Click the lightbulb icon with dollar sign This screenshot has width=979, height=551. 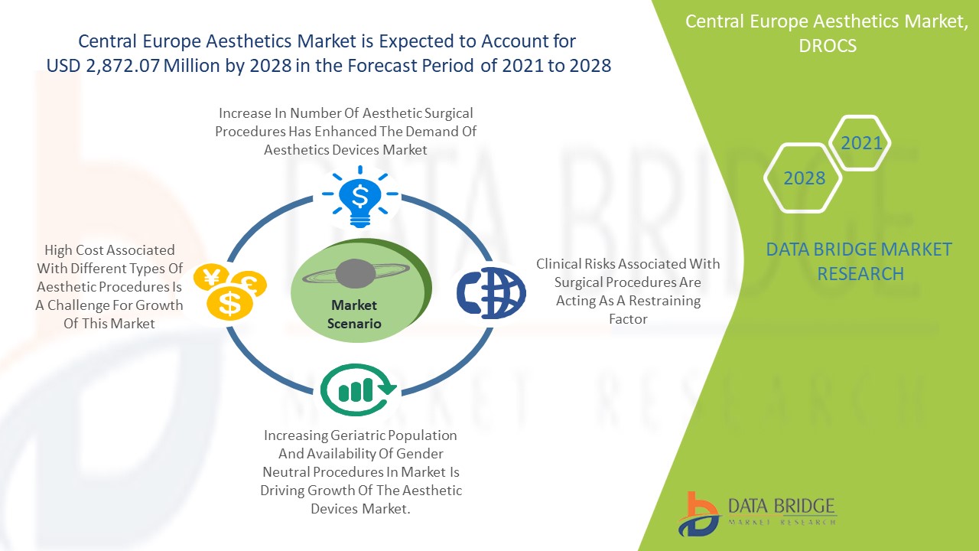[359, 197]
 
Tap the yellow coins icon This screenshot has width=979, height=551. [230, 292]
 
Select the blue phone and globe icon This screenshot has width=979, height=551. [491, 292]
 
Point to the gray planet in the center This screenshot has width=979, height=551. [356, 274]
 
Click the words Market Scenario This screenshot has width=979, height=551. [354, 314]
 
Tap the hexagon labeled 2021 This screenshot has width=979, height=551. [860, 143]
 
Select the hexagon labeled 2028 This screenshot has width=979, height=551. [803, 178]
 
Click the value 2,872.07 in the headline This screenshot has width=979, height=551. [122, 66]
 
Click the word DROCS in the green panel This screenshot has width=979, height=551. [828, 46]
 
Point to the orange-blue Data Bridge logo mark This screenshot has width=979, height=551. [698, 514]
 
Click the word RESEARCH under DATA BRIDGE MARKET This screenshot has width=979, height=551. [860, 274]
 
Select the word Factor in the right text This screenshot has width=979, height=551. [628, 319]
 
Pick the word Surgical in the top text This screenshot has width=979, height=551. [448, 114]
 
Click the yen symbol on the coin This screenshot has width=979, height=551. [212, 276]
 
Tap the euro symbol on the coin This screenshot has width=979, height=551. [249, 283]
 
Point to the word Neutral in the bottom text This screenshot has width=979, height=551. [286, 472]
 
